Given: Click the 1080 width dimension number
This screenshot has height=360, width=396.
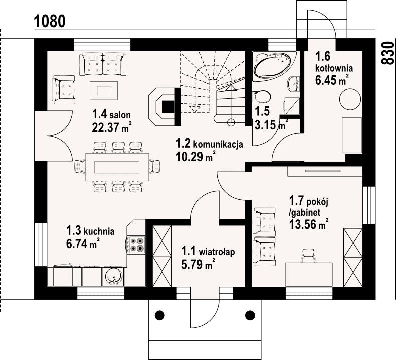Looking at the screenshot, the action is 50,21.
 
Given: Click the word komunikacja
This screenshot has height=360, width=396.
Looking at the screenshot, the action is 218,145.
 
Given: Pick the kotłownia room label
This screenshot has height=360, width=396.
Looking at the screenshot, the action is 334,68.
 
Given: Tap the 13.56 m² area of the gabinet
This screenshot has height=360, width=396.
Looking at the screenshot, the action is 309,224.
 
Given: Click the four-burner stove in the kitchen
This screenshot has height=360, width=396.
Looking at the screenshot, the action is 136,245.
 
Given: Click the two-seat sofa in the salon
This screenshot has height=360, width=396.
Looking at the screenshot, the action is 103,64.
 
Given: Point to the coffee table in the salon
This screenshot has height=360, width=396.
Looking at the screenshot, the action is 104,90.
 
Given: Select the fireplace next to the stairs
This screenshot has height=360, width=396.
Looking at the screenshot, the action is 164,106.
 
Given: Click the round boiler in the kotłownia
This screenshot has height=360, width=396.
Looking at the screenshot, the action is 350,99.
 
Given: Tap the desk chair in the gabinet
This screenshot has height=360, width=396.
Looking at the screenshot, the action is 308,256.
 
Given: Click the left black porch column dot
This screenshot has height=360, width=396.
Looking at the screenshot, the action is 159,315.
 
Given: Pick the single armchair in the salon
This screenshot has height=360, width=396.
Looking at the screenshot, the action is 63,90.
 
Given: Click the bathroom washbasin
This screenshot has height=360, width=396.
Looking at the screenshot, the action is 294,83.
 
